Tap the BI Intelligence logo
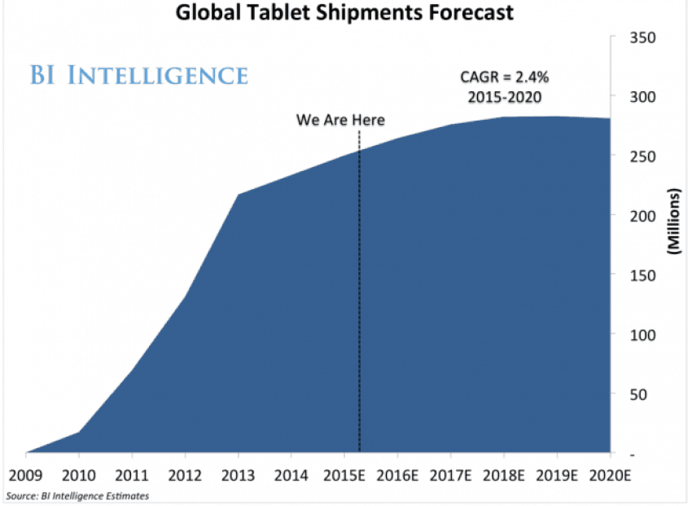tap(139, 76)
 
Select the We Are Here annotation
tap(340, 120)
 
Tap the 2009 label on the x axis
tap(24, 474)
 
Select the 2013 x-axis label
tap(238, 474)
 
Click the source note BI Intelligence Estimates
tap(77, 495)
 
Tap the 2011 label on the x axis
tap(131, 474)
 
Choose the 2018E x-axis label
tap(507, 474)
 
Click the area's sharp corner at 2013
tap(239, 194)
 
